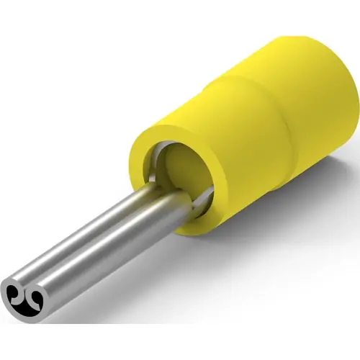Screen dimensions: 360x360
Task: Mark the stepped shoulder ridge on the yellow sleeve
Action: point(238,115)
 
